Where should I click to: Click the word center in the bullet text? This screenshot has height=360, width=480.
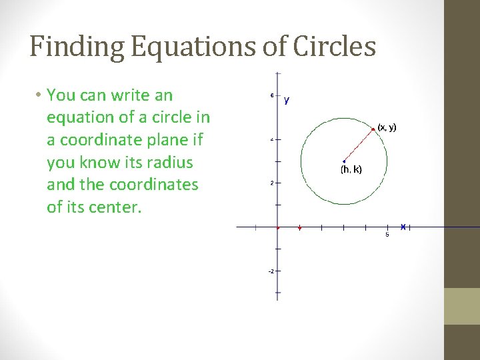coord(116,207)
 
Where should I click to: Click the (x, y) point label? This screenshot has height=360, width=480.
coord(387,127)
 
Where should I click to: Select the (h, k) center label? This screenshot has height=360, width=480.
coord(351,169)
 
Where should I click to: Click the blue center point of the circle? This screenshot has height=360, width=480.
coord(343,161)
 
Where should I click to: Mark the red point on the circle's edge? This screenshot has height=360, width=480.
coord(373,129)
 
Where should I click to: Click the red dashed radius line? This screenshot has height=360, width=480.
coord(358,145)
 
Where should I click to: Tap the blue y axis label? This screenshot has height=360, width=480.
coord(287,100)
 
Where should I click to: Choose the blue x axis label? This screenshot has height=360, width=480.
coord(403,227)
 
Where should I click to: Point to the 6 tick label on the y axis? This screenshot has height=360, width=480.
coord(271,95)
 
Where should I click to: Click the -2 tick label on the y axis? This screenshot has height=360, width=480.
coord(271,271)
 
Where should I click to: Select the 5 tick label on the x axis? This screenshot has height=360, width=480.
coord(387,234)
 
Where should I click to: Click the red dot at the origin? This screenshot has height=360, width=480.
coord(278,227)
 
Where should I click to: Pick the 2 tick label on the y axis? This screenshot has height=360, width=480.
coord(271,183)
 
